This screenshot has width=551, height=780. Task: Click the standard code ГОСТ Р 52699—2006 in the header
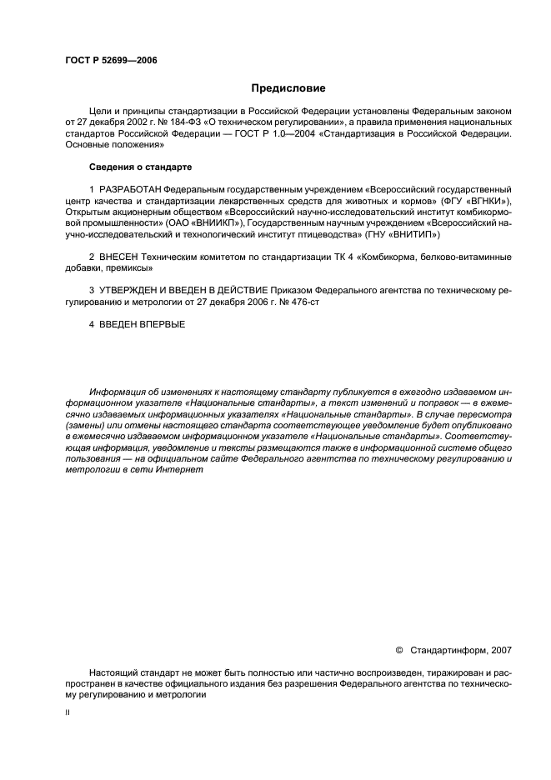(111, 61)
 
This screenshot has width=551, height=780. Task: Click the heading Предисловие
(288, 87)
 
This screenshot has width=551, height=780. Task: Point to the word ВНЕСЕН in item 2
(117, 257)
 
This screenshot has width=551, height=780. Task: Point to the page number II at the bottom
(68, 714)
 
